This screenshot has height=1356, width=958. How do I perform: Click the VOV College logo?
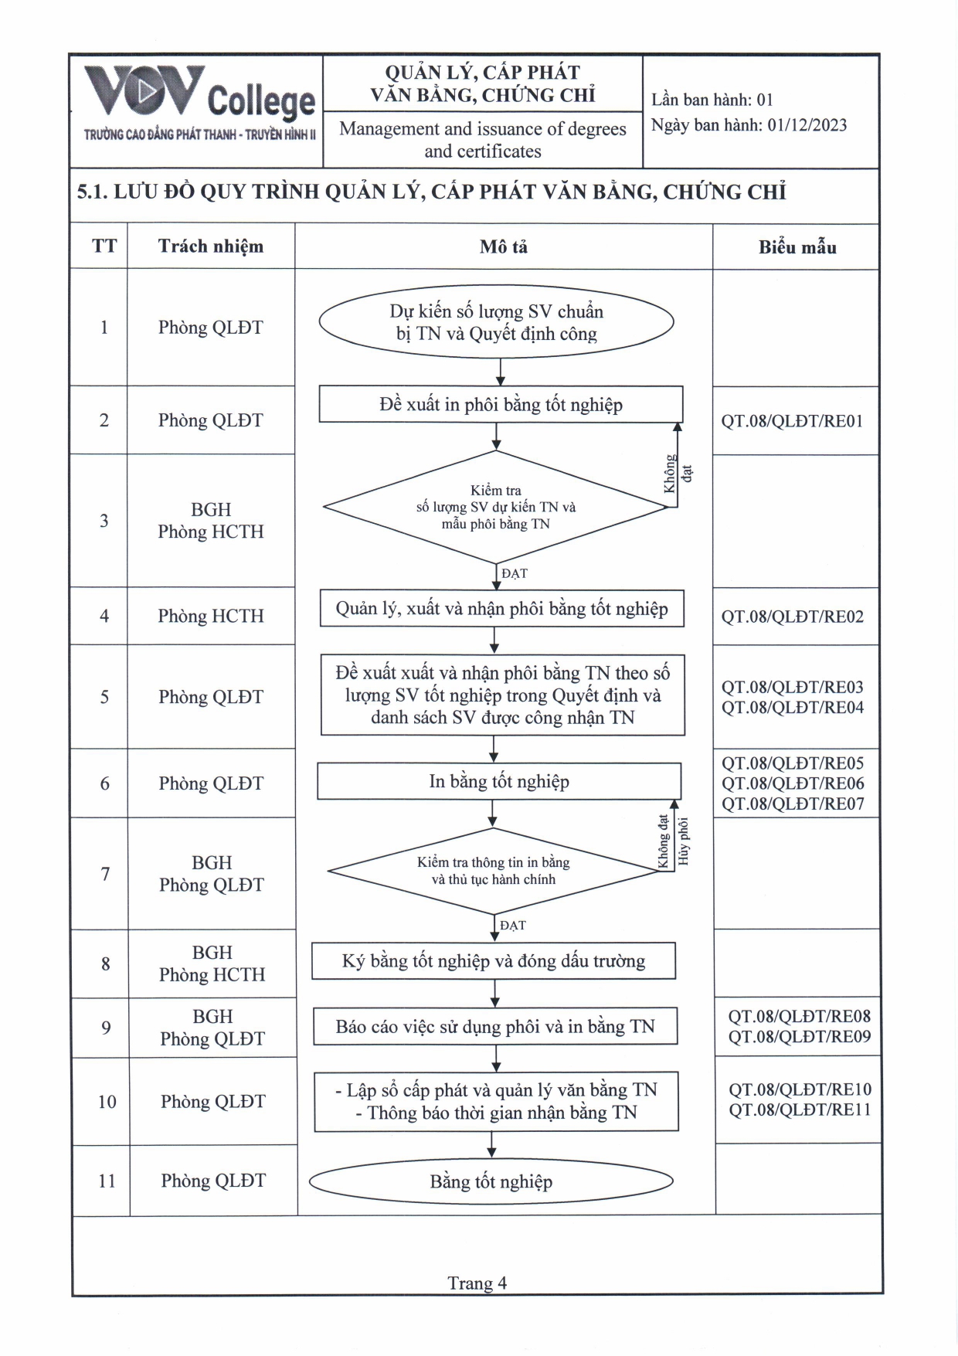pyautogui.click(x=199, y=103)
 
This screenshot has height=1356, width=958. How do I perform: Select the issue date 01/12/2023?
pyautogui.click(x=807, y=126)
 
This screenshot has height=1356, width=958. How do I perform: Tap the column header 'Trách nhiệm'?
pyautogui.click(x=211, y=246)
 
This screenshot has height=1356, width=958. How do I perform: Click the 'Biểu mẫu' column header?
pyautogui.click(x=797, y=247)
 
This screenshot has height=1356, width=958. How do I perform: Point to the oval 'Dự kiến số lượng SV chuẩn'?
pyautogui.click(x=496, y=322)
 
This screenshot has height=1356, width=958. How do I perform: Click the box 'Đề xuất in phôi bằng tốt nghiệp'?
pyautogui.click(x=501, y=405)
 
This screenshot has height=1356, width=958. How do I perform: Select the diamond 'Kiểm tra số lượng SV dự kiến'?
pyautogui.click(x=496, y=507)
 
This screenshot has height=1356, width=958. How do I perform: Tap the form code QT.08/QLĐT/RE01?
pyautogui.click(x=792, y=421)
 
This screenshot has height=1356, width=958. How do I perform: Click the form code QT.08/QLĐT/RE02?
pyautogui.click(x=792, y=617)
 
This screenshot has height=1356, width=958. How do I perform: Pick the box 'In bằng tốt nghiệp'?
pyautogui.click(x=499, y=781)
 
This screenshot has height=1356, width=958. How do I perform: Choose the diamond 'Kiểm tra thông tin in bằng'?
pyautogui.click(x=493, y=871)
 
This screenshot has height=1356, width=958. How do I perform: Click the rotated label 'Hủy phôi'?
pyautogui.click(x=683, y=842)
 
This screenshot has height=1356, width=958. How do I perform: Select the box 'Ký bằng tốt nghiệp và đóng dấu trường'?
pyautogui.click(x=494, y=961)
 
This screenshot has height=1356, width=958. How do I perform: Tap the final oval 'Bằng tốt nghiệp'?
pyautogui.click(x=491, y=1181)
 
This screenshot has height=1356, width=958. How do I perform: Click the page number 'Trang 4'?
pyautogui.click(x=477, y=1283)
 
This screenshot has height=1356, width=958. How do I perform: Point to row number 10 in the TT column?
pyautogui.click(x=107, y=1102)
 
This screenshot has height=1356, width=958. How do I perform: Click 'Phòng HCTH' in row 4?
pyautogui.click(x=211, y=616)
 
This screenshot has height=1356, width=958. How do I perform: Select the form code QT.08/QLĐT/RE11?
pyautogui.click(x=800, y=1110)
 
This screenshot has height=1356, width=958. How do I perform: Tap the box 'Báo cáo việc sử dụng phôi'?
pyautogui.click(x=495, y=1027)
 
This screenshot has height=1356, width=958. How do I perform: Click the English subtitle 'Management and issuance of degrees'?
pyautogui.click(x=483, y=129)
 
